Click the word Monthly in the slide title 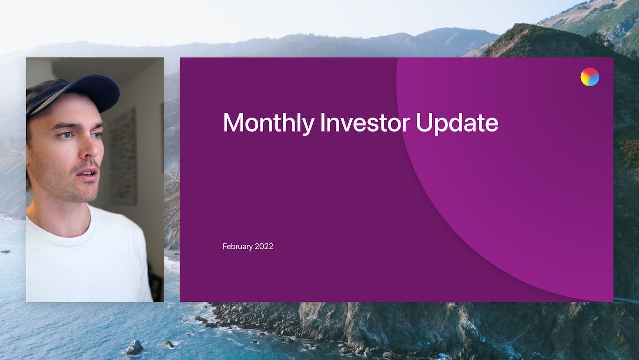[269, 123]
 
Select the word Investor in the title [365, 122]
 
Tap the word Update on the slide [457, 123]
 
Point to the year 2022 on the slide [264, 246]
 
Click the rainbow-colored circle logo [590, 77]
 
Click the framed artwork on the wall [123, 156]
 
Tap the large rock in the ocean [134, 347]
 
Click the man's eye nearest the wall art [97, 135]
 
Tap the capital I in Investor [322, 122]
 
